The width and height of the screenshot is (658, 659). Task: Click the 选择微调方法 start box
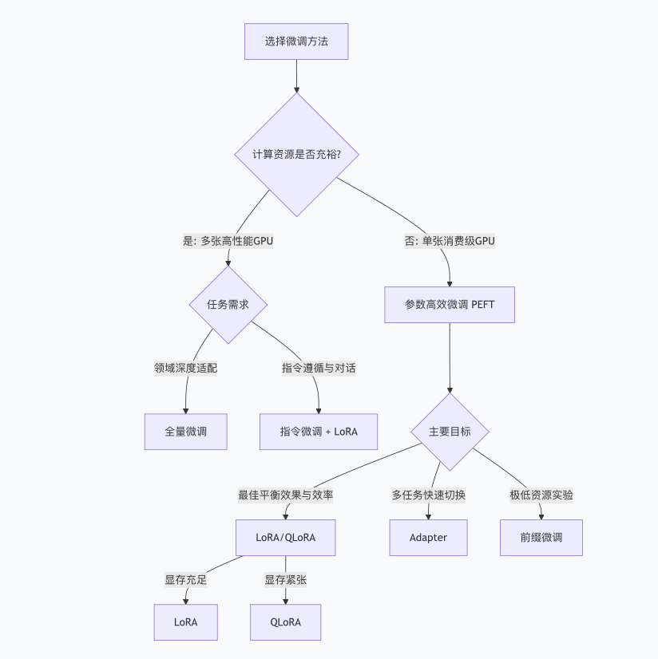coord(296,41)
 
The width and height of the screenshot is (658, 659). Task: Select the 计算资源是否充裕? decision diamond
coord(296,154)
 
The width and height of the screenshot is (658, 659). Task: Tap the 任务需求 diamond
coord(228,304)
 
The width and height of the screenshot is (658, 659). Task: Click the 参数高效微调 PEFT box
coord(450,304)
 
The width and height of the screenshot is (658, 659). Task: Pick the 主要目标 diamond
coord(450,432)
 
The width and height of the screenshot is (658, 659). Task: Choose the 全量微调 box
coord(185,432)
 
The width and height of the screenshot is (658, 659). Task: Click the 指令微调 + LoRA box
coord(319,432)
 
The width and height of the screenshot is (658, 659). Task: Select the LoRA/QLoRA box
coord(285,538)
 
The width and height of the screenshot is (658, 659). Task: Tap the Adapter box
coord(428,538)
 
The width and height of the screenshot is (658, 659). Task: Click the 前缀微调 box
coord(541,538)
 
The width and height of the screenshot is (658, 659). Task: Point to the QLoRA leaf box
coord(285,622)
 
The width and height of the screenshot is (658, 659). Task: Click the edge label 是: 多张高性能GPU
coord(228,240)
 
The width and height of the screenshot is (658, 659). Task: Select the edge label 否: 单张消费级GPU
coord(450,240)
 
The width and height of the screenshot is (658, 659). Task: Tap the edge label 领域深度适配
coord(185,368)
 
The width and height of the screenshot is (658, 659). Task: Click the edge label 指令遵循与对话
coord(319,368)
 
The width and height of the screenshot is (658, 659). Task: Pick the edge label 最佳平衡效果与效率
coord(285,495)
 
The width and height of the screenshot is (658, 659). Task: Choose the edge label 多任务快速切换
coord(428,495)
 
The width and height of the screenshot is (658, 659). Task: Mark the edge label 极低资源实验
coord(541,495)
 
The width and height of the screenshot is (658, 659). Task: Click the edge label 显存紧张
coord(285,580)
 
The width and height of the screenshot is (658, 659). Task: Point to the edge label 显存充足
coord(185,580)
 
